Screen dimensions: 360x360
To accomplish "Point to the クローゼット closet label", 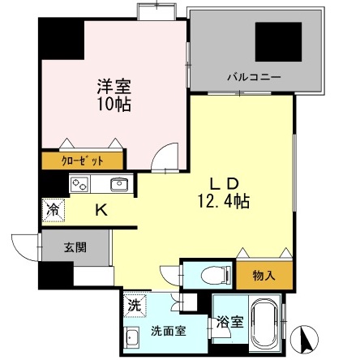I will pos(82,159).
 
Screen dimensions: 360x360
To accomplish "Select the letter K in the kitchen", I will pos(101,210).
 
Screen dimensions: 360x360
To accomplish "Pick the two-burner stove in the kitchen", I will pos(80,183).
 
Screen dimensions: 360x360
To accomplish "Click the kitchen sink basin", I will pos(118,184).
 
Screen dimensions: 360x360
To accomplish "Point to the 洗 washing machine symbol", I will pos(135,306).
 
